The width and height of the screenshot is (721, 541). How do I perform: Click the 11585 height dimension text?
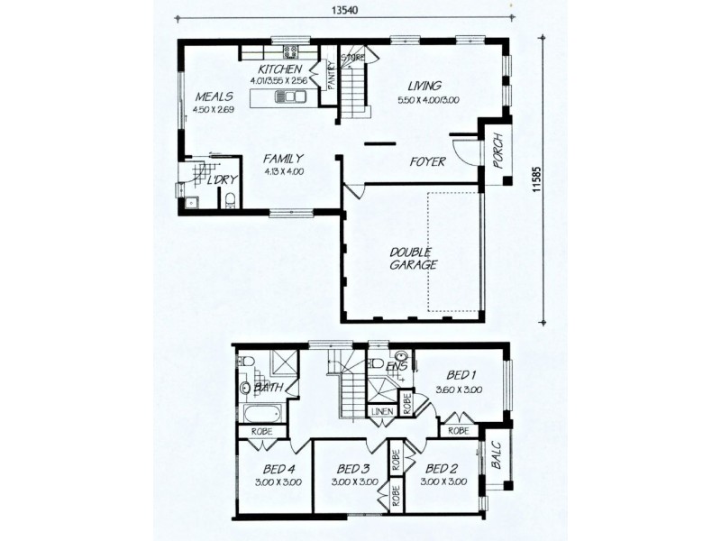click(x=538, y=179)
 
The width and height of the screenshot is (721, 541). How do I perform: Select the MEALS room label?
click(x=213, y=97)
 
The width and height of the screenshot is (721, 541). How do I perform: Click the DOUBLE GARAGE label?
click(x=413, y=258)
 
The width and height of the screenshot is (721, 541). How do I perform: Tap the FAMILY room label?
click(x=284, y=158)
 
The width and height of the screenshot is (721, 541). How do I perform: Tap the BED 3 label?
click(x=354, y=469)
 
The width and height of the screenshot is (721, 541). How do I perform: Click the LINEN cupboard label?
click(x=381, y=412)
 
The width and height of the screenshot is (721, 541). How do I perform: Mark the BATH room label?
click(x=269, y=389)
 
